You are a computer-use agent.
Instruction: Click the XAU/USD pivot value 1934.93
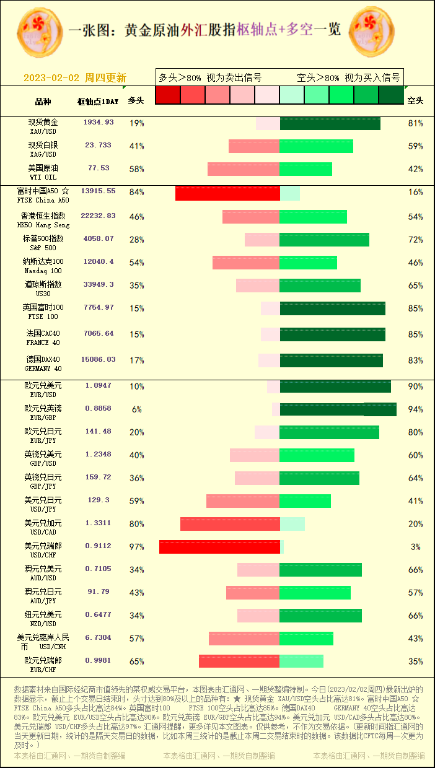pyautogui.click(x=99, y=123)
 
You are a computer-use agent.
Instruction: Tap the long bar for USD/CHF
pyautogui.click(x=219, y=547)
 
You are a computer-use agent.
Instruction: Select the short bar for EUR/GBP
pyautogui.click(x=338, y=409)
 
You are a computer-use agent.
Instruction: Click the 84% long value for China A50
pyautogui.click(x=136, y=192)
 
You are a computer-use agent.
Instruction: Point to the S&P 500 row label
pyautogui.click(x=43, y=243)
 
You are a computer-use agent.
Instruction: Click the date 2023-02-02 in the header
pyautogui.click(x=51, y=78)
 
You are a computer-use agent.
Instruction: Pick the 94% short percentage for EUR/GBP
pyautogui.click(x=415, y=409)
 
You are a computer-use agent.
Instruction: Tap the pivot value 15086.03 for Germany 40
pyautogui.click(x=99, y=360)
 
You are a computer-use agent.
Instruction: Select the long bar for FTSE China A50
pyautogui.click(x=227, y=193)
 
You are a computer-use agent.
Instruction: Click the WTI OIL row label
pyautogui.click(x=43, y=172)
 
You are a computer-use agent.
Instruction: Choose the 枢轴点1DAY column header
pyautogui.click(x=98, y=101)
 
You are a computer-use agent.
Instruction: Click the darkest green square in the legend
pyautogui.click(x=390, y=95)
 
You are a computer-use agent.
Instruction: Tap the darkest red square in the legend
pyautogui.click(x=167, y=95)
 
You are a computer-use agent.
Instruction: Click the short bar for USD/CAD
pyautogui.click(x=292, y=524)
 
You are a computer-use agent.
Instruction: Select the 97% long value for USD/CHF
pyautogui.click(x=136, y=547)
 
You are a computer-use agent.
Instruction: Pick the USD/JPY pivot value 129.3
pyautogui.click(x=99, y=500)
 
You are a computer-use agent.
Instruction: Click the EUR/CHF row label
pyautogui.click(x=43, y=665)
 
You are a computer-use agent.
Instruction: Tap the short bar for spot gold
pyautogui.click(x=330, y=123)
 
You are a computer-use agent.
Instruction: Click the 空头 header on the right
pyautogui.click(x=415, y=101)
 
